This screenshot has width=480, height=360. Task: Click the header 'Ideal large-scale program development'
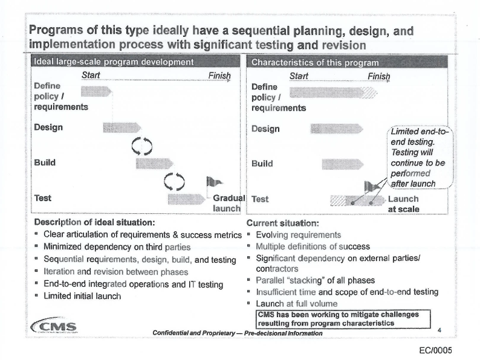coord(113,62)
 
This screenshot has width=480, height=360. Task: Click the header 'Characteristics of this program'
coord(316,62)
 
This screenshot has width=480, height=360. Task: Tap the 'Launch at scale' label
coord(403,204)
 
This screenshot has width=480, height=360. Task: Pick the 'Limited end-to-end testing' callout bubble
coord(420,157)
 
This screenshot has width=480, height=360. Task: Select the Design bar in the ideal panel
coord(121,127)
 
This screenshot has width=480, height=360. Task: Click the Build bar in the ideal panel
coord(154,163)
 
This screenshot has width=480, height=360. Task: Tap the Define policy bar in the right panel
coord(332,92)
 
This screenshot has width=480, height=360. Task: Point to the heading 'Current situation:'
coord(281,222)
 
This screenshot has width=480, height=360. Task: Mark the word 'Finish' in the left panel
coord(219,76)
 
